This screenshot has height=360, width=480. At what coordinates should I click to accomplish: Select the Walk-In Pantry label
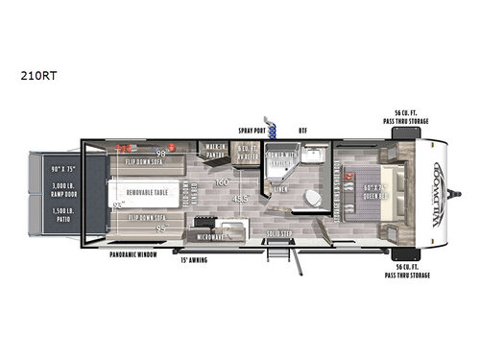tap(215, 149)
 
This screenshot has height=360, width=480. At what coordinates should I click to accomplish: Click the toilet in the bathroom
tap(312, 199)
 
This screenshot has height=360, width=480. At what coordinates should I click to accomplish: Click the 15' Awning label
tap(193, 259)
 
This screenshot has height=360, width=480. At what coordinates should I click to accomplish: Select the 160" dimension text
tap(222, 181)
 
